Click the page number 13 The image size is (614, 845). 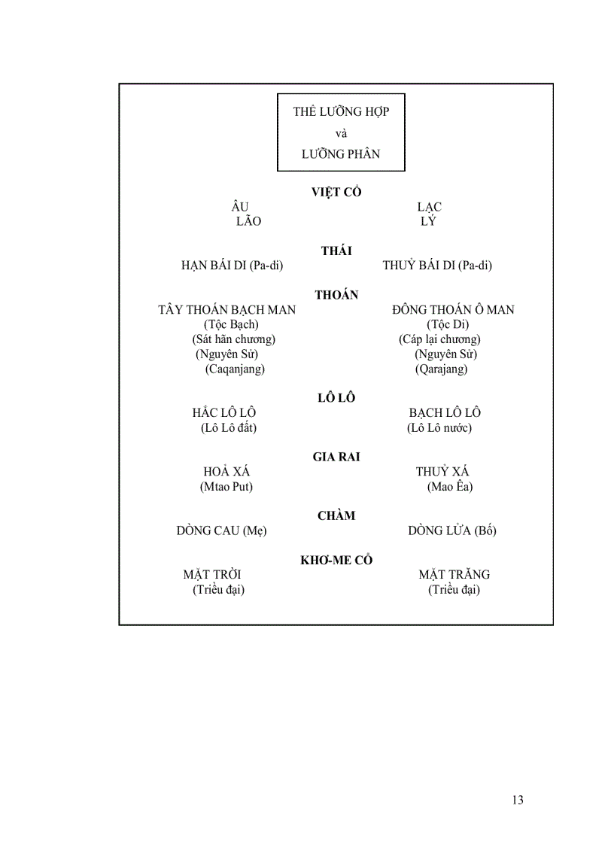517,800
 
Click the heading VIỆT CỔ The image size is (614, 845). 336,192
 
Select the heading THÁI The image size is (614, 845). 336,251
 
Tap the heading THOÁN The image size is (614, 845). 336,295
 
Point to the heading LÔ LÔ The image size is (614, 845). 336,398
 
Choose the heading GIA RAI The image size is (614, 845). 336,457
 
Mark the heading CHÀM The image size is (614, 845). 336,515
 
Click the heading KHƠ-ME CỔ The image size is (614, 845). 336,560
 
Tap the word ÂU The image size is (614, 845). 240,207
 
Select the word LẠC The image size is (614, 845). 429,207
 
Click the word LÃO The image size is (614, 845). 248,221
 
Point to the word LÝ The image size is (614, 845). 428,221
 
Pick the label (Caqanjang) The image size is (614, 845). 235,369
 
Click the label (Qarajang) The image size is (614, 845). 441,369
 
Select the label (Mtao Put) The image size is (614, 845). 226,486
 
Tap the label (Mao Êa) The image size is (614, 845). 450,486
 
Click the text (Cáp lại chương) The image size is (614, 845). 439,339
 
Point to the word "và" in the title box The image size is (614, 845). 341,133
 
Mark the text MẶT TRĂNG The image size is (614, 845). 454,574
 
